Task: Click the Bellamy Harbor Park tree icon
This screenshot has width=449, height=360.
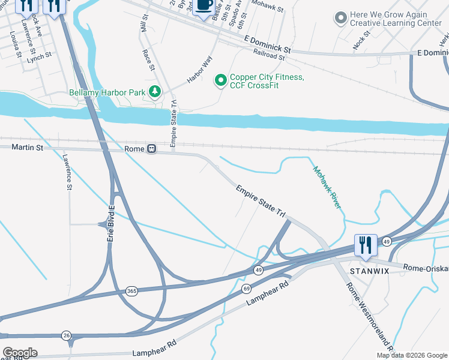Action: click(155, 92)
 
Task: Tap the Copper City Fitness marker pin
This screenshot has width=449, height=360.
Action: click(221, 79)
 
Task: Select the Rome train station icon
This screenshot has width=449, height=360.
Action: click(152, 148)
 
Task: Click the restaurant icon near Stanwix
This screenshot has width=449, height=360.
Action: click(366, 245)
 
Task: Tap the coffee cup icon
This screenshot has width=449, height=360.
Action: click(204, 5)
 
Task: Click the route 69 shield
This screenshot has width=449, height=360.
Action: click(246, 289)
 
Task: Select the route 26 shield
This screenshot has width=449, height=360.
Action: click(66, 335)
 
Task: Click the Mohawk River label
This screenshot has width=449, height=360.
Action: click(326, 187)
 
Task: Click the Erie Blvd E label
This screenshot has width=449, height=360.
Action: click(111, 224)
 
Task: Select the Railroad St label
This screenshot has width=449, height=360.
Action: click(268, 55)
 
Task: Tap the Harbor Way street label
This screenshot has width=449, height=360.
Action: click(199, 69)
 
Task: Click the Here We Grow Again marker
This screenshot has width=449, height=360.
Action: click(341, 18)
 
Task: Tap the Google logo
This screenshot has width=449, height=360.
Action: click(20, 353)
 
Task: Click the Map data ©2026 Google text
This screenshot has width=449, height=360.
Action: click(412, 355)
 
